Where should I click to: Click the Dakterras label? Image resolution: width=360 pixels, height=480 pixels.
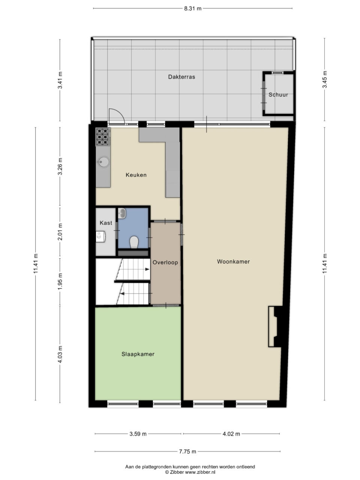click(x=181, y=77)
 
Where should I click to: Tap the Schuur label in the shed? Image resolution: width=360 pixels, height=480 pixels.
click(x=278, y=95)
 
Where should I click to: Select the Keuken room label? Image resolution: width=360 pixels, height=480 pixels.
click(x=136, y=175)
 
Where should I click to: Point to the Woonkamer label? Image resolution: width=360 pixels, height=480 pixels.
click(x=233, y=261)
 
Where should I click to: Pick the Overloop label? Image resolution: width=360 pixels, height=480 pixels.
click(x=165, y=262)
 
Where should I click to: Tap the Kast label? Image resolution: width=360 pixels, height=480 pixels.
click(x=106, y=223)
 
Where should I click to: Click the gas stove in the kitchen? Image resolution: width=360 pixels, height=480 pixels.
click(x=103, y=137)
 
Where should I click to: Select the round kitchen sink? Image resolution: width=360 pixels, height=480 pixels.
click(x=103, y=162)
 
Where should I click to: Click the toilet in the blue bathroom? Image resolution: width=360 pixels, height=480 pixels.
click(x=134, y=242)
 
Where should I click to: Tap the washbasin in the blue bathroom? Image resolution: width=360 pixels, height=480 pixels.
click(x=122, y=213)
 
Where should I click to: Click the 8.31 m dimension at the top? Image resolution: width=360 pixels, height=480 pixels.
click(x=193, y=9)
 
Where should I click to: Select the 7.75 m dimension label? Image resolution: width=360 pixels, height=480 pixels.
click(x=187, y=451)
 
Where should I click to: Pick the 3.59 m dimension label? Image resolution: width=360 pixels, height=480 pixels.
click(x=138, y=434)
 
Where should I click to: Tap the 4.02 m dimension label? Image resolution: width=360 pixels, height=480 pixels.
click(x=231, y=434)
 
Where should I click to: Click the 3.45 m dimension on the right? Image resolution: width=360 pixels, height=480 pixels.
click(x=325, y=79)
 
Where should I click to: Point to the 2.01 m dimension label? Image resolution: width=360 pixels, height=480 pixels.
click(x=60, y=232)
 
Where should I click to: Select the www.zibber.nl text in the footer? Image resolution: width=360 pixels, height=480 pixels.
click(x=200, y=472)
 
